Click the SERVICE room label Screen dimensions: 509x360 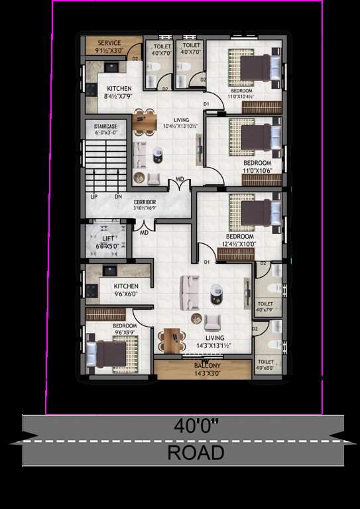[x=104, y=43]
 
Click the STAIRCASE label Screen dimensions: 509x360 [x=105, y=125]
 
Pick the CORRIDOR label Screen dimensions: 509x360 [x=145, y=201]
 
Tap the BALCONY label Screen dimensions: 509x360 [x=203, y=366]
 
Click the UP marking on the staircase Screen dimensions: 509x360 [x=93, y=197]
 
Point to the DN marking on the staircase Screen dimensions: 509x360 [x=117, y=197]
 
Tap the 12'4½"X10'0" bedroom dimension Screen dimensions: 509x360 [x=239, y=243]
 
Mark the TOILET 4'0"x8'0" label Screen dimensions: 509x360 [x=265, y=365]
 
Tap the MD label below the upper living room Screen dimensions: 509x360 [x=180, y=180]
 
